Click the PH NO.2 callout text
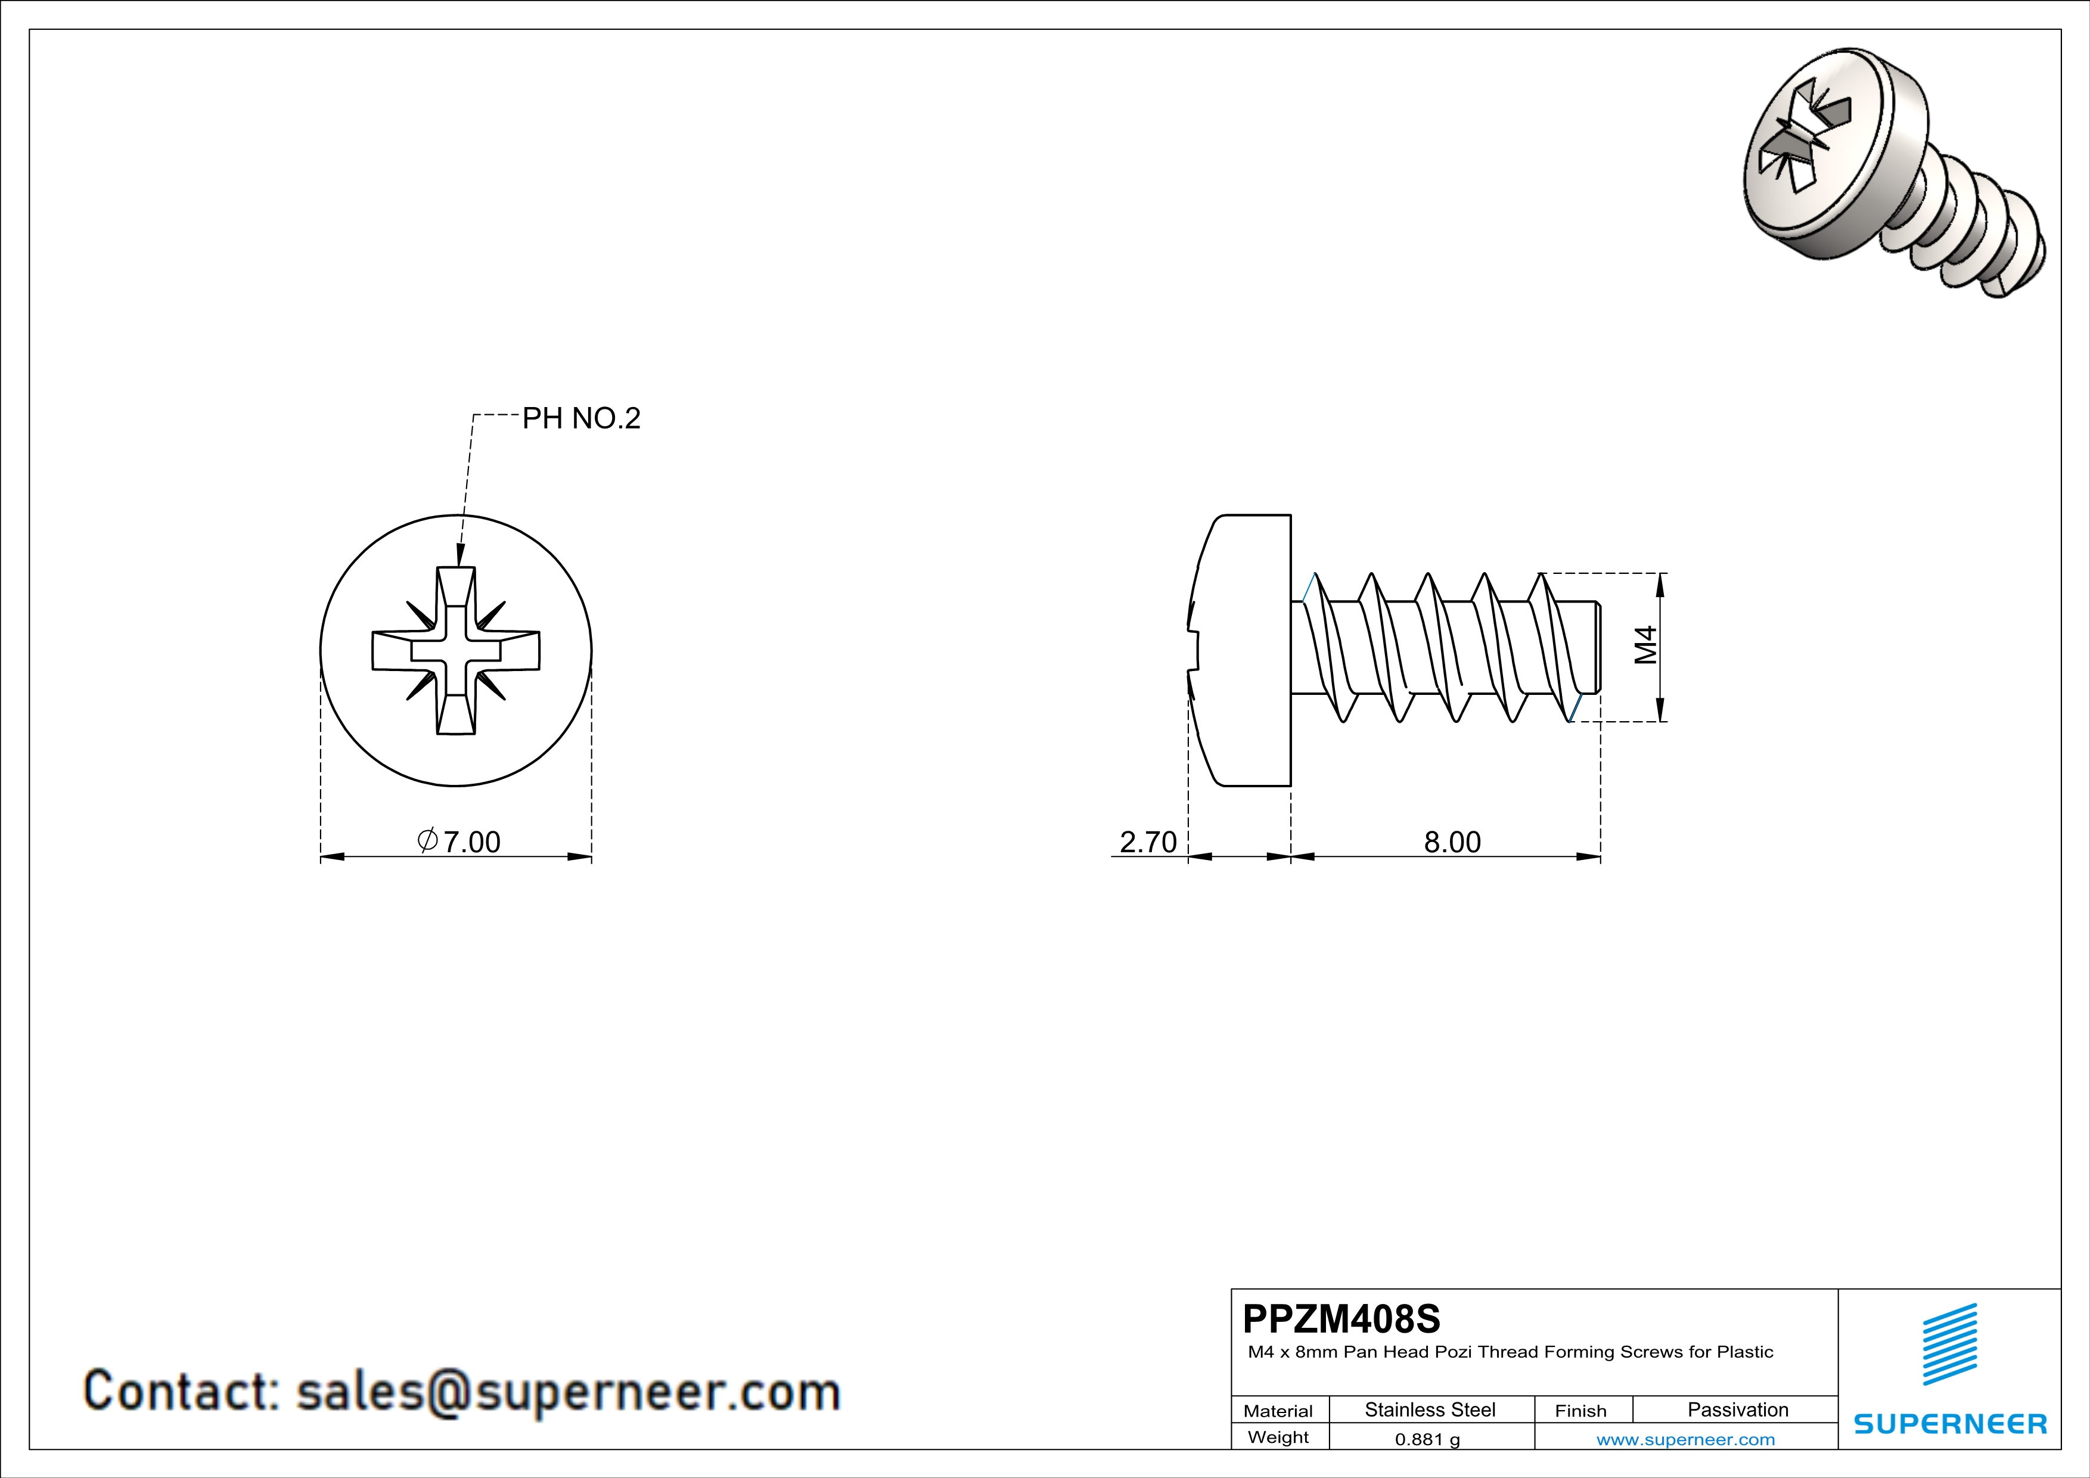[581, 418]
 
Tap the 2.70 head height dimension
[1148, 842]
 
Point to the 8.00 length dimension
[1452, 842]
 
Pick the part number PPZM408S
[1341, 1319]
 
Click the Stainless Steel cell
[1430, 1409]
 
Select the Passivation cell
[1738, 1409]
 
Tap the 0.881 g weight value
[1427, 1439]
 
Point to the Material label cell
[1278, 1411]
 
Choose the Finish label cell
[1581, 1411]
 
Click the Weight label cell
[1278, 1437]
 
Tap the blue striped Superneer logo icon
[1949, 1345]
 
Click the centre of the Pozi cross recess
[456, 651]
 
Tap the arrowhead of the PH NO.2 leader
[461, 557]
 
